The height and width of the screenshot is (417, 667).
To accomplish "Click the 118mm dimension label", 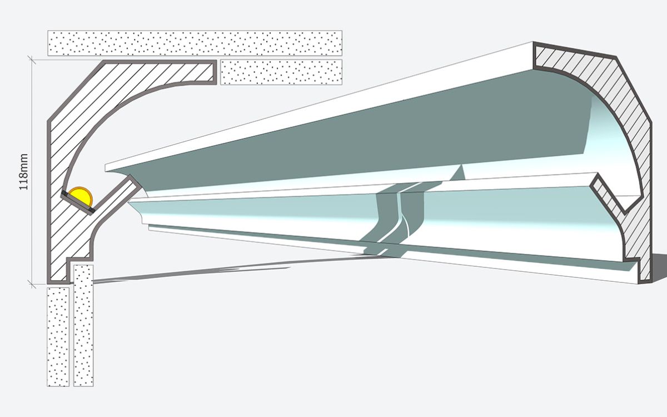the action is [x=23, y=172].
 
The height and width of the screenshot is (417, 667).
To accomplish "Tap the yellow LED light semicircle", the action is [x=81, y=195].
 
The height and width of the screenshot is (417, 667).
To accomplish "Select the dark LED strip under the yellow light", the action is [x=78, y=202].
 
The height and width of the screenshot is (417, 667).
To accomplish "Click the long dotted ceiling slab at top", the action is [x=195, y=43].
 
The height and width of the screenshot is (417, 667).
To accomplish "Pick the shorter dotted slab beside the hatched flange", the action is [x=281, y=72].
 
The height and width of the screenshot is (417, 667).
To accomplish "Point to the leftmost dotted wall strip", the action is [x=58, y=337].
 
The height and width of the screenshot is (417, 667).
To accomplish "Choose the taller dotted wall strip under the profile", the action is [x=83, y=326].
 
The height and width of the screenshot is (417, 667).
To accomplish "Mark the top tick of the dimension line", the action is [x=32, y=60].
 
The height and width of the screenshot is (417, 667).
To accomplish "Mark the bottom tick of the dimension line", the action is [x=32, y=284].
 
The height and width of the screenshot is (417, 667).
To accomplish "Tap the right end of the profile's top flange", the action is [x=215, y=72].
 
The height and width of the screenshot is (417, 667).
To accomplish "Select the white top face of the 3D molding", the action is [x=318, y=107].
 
